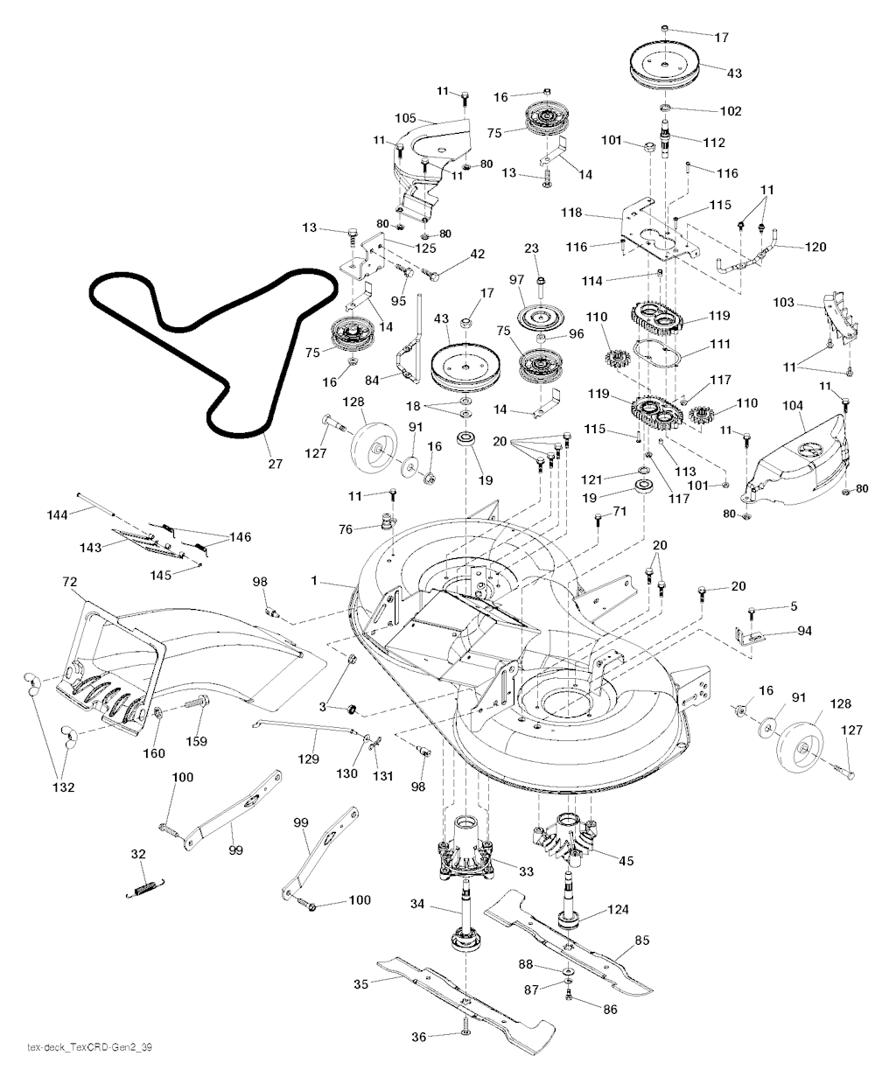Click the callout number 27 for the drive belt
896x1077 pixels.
coord(275,464)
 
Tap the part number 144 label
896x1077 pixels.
coord(58,515)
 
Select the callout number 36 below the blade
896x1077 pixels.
coord(419,1037)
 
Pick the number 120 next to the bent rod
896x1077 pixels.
coord(814,248)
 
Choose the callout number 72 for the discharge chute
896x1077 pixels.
coord(71,581)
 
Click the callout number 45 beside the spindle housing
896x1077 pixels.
coord(626,860)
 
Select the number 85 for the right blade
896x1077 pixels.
coord(641,942)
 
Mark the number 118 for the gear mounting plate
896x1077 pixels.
coord(572,213)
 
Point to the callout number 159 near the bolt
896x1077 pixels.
coord(197,741)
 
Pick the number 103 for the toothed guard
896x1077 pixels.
coord(784,303)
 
